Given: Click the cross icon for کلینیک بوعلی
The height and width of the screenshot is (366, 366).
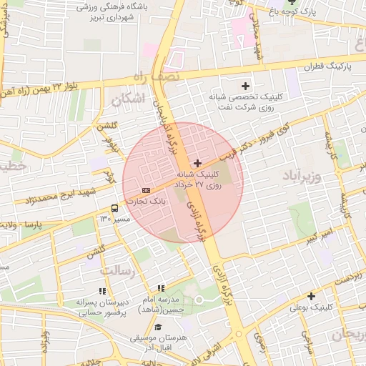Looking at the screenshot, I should pyautogui.click(x=311, y=296).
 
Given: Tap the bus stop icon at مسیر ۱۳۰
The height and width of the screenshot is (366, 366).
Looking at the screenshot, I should pyautogui.click(x=114, y=208).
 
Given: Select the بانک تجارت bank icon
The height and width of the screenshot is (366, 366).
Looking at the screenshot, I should pyautogui.click(x=146, y=190).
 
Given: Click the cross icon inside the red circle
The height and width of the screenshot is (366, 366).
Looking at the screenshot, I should pyautogui.click(x=198, y=164).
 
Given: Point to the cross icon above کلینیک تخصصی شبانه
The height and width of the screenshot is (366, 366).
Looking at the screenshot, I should pyautogui.click(x=246, y=85).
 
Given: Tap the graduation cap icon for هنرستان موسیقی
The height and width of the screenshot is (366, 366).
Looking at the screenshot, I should pyautogui.click(x=157, y=327).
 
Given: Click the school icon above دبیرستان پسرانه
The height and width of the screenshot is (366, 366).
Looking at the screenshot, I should pyautogui.click(x=102, y=291).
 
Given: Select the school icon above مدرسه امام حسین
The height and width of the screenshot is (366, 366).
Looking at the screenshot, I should pyautogui.click(x=170, y=287).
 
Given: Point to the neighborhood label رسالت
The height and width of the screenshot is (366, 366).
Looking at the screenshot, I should pyautogui.click(x=118, y=271).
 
